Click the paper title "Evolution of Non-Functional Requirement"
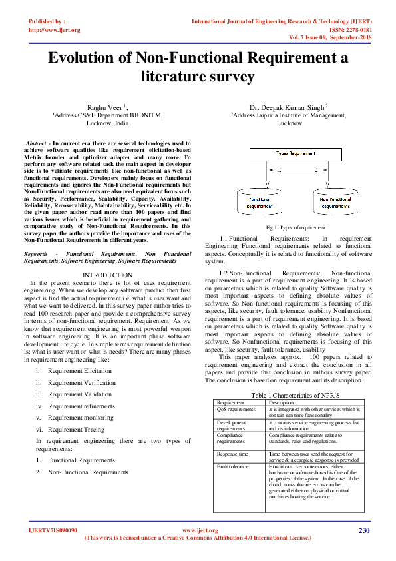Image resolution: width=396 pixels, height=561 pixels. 198,58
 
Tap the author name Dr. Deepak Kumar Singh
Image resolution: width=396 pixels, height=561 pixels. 288,107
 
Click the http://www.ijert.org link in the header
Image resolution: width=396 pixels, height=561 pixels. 55,30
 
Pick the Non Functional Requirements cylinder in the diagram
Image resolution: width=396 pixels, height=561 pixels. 335,202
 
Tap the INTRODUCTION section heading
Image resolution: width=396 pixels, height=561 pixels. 107,275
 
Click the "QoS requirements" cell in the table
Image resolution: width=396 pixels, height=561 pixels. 236,410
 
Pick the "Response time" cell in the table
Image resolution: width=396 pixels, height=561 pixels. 232,454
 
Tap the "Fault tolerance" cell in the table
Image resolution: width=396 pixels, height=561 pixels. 233,467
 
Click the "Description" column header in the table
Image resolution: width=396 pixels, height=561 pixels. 282,402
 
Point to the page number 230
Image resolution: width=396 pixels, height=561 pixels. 363,530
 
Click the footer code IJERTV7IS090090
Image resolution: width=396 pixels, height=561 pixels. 53,530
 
